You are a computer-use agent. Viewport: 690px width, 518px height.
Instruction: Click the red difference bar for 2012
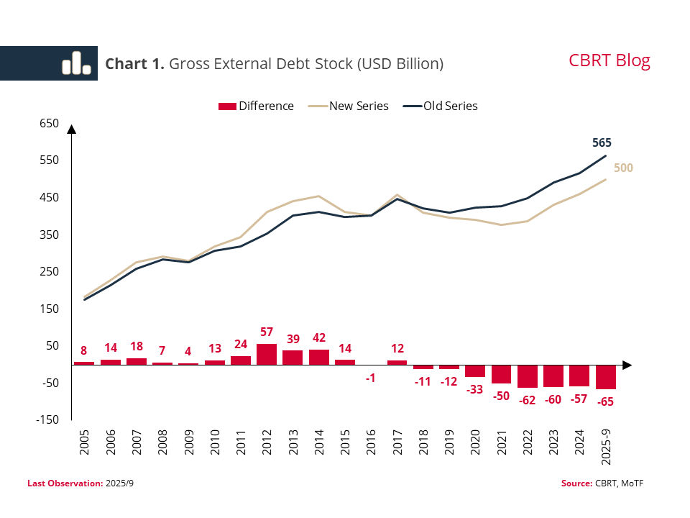[x=267, y=354]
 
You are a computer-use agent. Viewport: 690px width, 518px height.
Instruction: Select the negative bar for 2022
[x=528, y=376]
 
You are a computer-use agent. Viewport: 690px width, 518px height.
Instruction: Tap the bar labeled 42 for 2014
[x=319, y=357]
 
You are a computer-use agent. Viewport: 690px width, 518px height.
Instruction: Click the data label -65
[x=606, y=401]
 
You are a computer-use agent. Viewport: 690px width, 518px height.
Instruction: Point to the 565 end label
[x=601, y=142]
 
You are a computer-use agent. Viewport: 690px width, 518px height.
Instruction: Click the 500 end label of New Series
[x=623, y=168]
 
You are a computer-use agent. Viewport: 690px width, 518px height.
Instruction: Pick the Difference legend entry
[x=256, y=106]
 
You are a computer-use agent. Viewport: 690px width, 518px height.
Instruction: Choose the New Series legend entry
[x=349, y=106]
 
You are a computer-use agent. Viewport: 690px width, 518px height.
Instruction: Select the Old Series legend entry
[x=441, y=106]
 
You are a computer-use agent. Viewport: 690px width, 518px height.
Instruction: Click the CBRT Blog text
[x=609, y=60]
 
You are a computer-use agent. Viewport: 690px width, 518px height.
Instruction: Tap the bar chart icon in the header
[x=76, y=63]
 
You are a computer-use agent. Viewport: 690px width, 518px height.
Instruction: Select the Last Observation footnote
[x=80, y=483]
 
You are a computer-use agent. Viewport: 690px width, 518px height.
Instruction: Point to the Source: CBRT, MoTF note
[x=602, y=483]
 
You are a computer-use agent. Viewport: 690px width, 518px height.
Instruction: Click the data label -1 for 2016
[x=371, y=378]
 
